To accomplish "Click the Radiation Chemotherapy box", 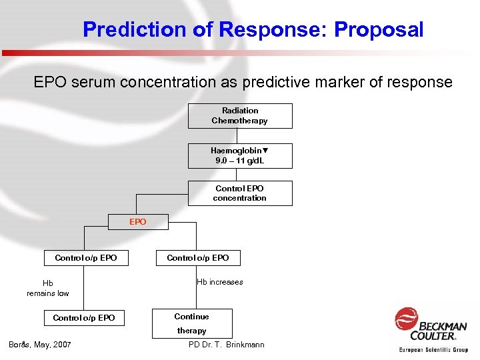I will click(x=240, y=116).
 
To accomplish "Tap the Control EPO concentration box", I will click(x=240, y=193).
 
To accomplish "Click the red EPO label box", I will click(x=138, y=222).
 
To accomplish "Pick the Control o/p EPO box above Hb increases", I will click(x=198, y=258).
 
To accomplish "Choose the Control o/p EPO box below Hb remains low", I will click(x=84, y=318).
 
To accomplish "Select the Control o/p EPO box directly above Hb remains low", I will click(x=86, y=258).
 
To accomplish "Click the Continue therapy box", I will click(x=192, y=323).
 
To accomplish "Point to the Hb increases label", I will click(x=220, y=282).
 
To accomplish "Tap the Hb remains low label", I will click(x=48, y=288).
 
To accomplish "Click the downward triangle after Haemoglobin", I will click(x=265, y=151).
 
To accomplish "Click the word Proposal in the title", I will click(x=379, y=30).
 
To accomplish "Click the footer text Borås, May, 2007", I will click(x=40, y=345).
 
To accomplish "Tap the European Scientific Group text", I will click(x=433, y=349).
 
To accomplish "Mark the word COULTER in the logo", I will click(x=433, y=335).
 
